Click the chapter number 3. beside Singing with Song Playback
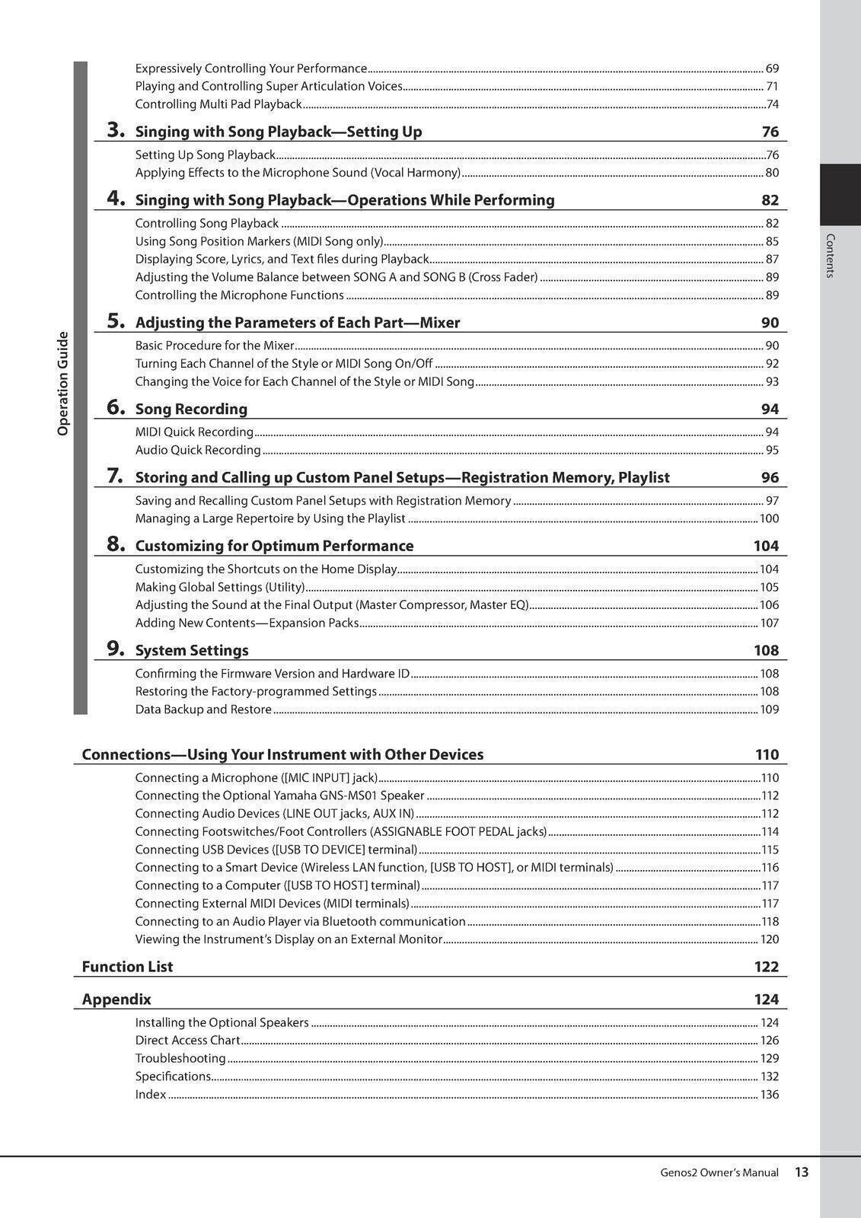116,130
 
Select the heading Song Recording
191,409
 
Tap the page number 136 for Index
770,1095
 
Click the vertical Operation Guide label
63,384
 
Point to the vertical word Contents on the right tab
831,256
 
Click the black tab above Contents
840,194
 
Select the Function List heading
127,967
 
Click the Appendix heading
116,1000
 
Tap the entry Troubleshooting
180,1058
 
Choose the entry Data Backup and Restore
203,709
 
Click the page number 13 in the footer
802,1172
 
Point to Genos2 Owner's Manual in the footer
719,1173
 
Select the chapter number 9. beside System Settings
116,649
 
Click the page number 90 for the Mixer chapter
770,323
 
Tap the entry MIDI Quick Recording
194,432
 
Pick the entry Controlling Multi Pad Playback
218,104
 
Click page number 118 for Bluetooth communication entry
770,922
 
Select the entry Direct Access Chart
187,1041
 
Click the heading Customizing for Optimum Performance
274,546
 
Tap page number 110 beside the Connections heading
767,754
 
